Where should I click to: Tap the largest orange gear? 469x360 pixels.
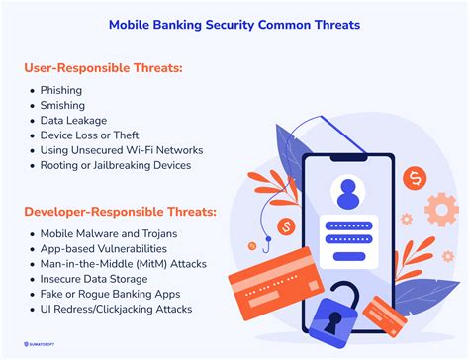pos(441,210)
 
